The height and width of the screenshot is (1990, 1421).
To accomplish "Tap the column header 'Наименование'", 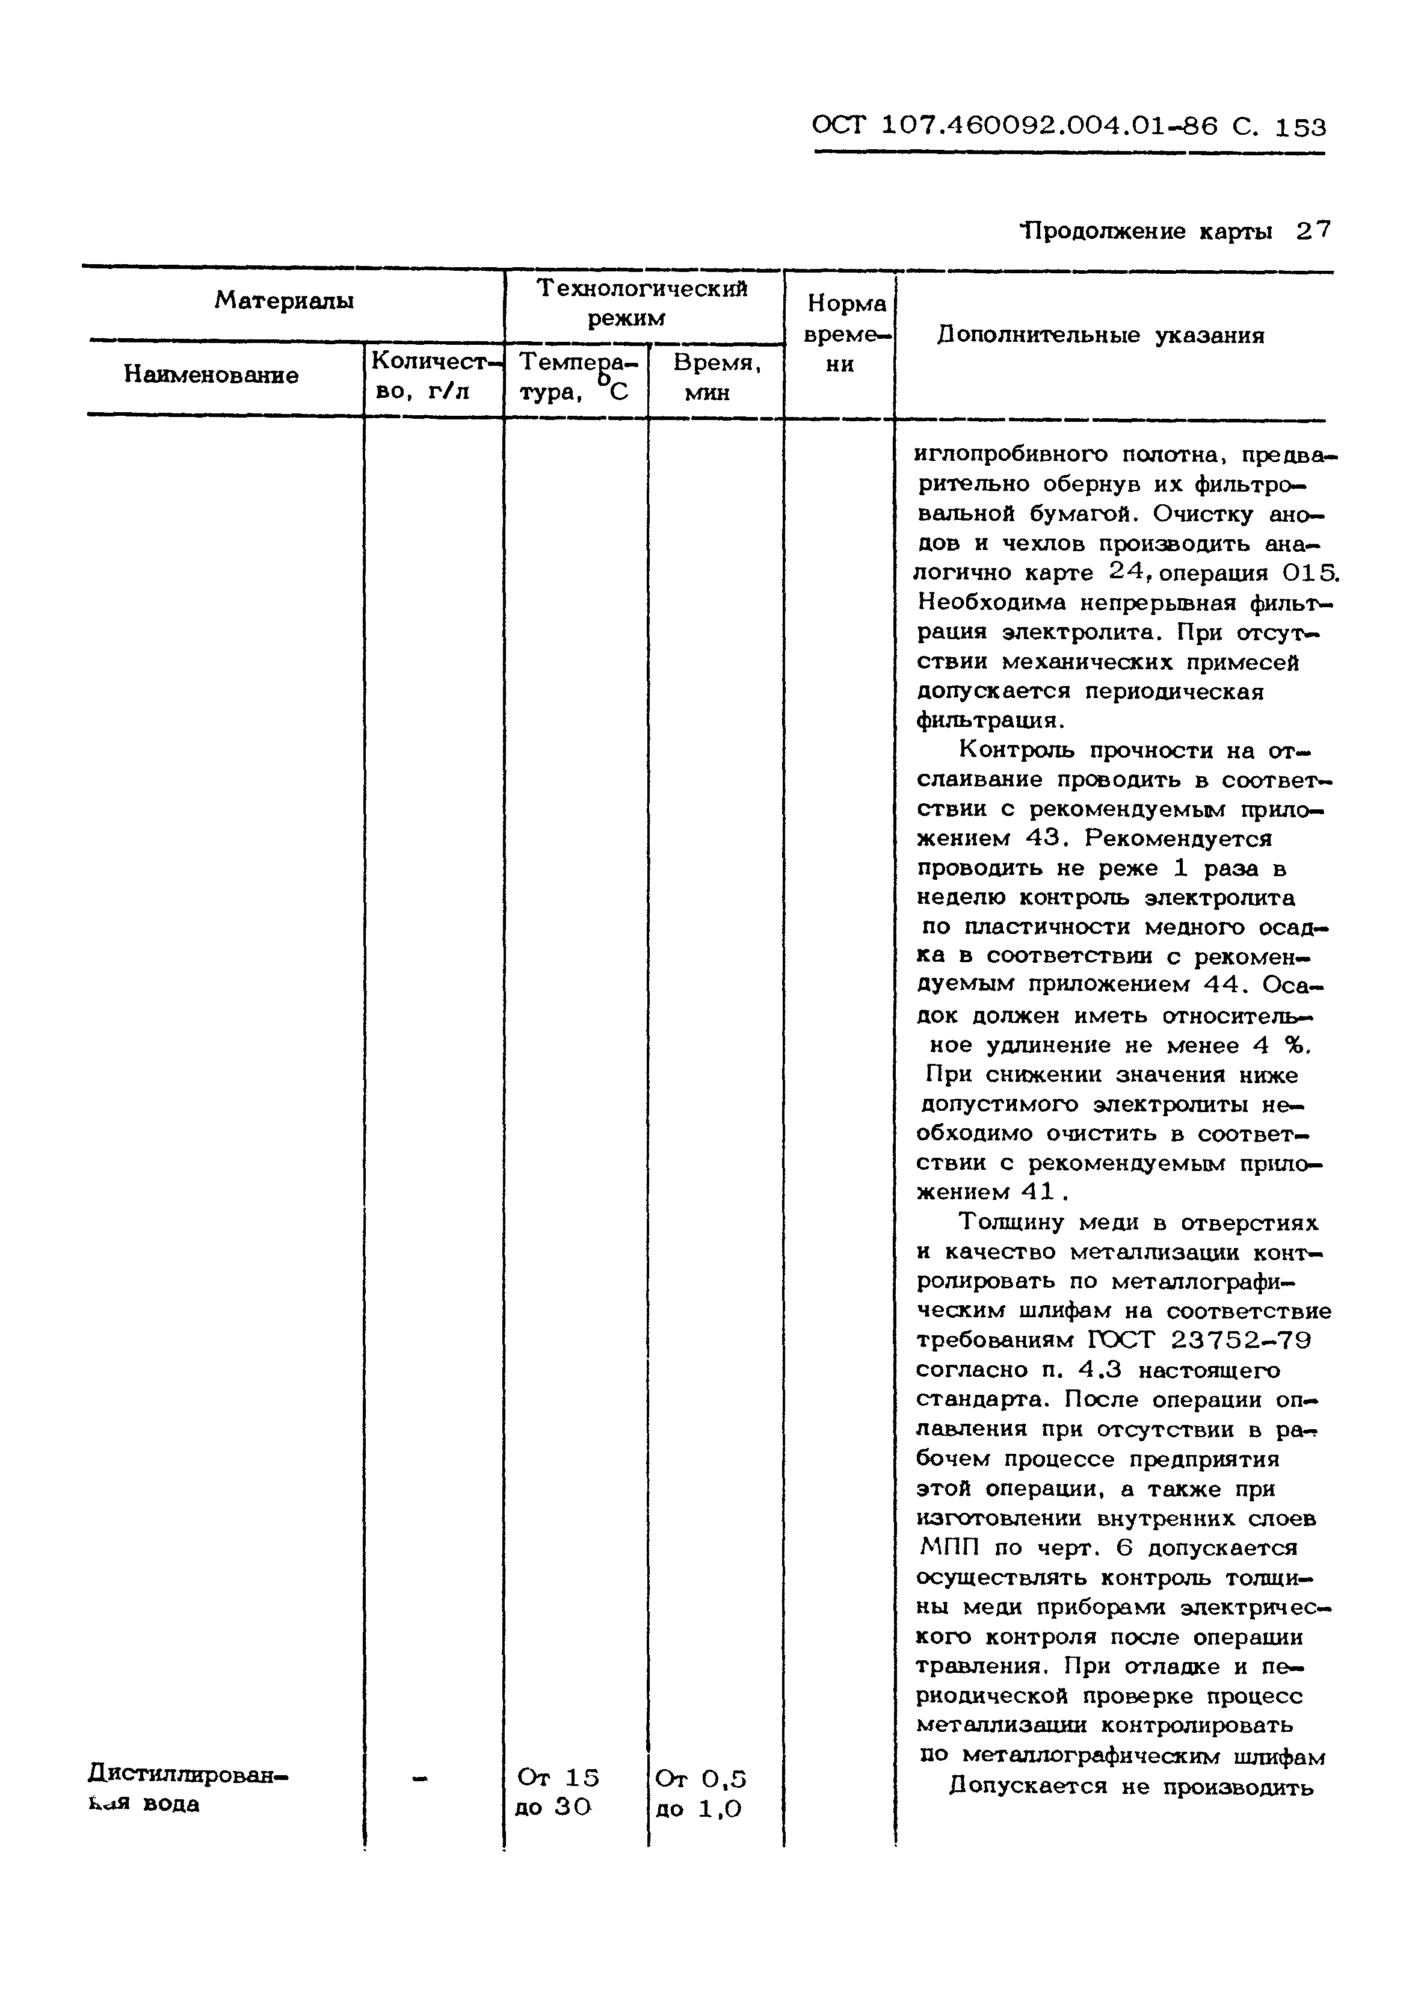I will point(211,375).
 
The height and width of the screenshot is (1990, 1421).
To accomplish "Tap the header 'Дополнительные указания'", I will point(1101,336).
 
